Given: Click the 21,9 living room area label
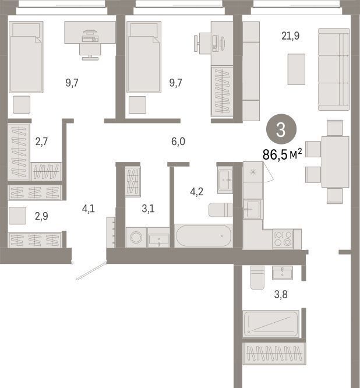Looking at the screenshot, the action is coord(291,36).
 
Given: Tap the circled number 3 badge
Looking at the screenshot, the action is coord(281,129).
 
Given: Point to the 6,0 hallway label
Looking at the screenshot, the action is coord(178,142).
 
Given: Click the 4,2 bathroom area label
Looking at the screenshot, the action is coord(197,192).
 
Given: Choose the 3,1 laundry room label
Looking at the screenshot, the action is coord(148,209).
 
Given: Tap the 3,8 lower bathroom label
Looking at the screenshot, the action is coord(281,294).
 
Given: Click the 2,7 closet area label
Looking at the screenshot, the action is coord(41,142).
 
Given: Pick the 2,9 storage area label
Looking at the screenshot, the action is coord(41,216).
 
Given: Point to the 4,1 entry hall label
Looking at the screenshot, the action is coord(89,209).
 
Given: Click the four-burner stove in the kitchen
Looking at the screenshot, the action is coord(283,238).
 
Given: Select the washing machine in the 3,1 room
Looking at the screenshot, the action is coord(136,238).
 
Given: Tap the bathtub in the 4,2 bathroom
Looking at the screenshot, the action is coord(203,236).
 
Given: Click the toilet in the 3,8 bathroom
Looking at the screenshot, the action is coord(257,278).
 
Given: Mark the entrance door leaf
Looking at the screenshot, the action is coord(91,271).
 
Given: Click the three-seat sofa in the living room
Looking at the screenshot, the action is coord(334,69).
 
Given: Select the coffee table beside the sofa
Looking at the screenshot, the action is coord(296,69).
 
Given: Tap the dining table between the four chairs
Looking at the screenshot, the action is coord(336,162).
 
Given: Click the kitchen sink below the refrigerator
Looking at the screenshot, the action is coord(253,210).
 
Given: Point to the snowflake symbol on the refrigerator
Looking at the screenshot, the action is coord(253,172).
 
